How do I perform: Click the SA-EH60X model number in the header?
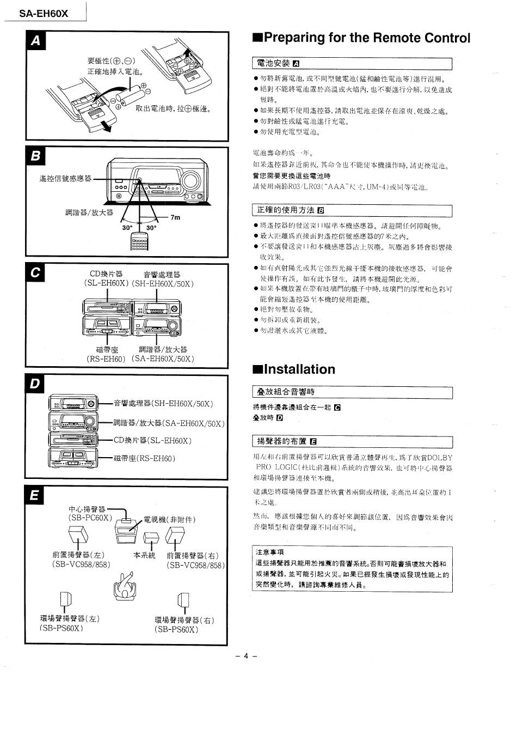(44, 14)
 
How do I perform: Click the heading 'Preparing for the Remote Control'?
(361, 38)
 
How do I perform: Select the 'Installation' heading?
(294, 369)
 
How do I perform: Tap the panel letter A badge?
(36, 41)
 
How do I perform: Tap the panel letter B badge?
(36, 156)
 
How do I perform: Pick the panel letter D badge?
(36, 384)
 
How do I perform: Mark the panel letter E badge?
(36, 495)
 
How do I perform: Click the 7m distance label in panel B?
(175, 217)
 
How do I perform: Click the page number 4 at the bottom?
(245, 656)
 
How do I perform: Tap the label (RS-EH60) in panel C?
(106, 359)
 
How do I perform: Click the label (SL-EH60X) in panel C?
(106, 283)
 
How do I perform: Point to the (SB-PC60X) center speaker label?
(90, 518)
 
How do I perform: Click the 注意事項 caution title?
(270, 552)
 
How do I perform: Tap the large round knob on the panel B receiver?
(191, 180)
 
